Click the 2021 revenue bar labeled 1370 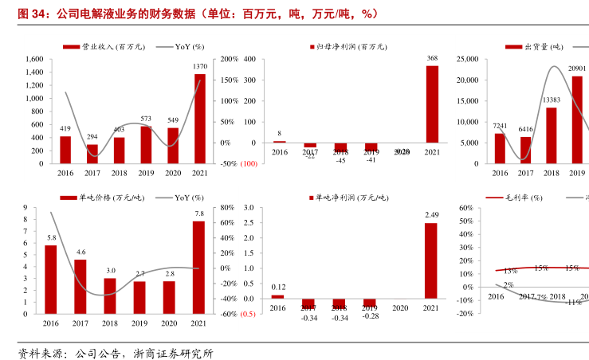(199, 118)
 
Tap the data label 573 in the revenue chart (146, 119)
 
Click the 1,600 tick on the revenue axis (31, 59)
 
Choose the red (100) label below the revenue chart (247, 163)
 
